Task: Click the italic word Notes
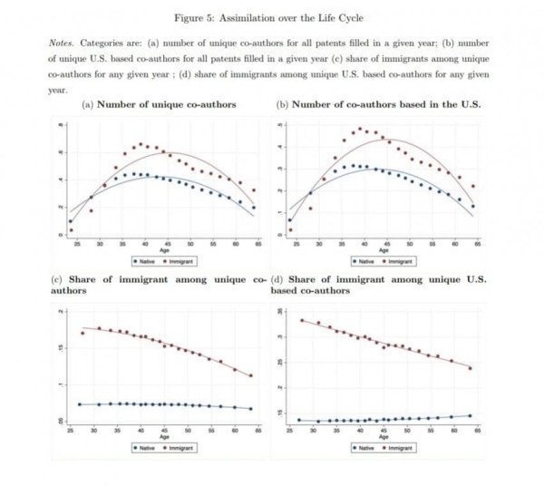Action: pyautogui.click(x=62, y=44)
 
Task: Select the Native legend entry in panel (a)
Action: pyautogui.click(x=148, y=261)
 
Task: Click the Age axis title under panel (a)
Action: pyautogui.click(x=164, y=250)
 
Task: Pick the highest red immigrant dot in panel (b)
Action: pyautogui.click(x=360, y=129)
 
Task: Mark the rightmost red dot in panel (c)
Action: pyautogui.click(x=250, y=376)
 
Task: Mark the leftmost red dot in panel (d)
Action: pyautogui.click(x=302, y=320)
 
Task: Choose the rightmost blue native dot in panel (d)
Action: pyautogui.click(x=470, y=415)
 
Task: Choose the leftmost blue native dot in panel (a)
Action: pyautogui.click(x=71, y=221)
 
